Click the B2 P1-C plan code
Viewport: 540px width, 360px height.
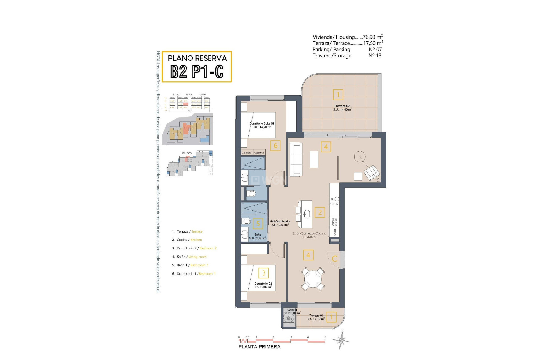tap(197, 71)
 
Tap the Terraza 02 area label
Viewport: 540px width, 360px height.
tap(342, 108)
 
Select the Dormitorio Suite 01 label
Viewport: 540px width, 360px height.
tap(262, 125)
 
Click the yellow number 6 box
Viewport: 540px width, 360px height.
tap(275, 146)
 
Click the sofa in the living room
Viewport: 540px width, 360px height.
tap(296, 159)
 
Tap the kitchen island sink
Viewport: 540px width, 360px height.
tap(307, 214)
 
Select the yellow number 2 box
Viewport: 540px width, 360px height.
tap(320, 212)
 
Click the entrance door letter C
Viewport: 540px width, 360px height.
tap(335, 259)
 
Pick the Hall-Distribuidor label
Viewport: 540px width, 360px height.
tap(280, 223)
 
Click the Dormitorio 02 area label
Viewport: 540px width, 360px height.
tap(263, 285)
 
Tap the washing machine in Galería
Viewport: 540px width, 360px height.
tap(289, 318)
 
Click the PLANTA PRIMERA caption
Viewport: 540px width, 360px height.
tap(259, 347)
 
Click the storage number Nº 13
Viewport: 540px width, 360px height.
tap(375, 55)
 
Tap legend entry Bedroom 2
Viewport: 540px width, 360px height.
tap(208, 248)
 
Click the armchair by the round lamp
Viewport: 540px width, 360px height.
tap(371, 172)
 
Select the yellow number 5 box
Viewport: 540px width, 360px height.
tap(258, 224)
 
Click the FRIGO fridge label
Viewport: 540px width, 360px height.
tap(335, 232)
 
